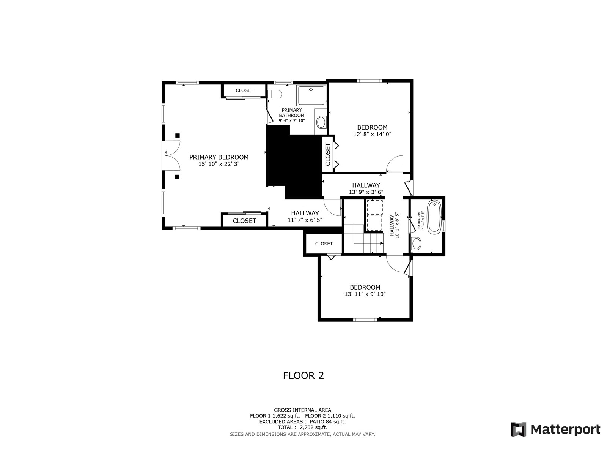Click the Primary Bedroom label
pos(219,157)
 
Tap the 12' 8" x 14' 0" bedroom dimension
pos(372,134)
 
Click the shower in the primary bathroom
pos(311,95)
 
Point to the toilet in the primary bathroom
pos(274,93)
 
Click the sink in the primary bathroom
pos(321,122)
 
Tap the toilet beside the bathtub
pos(416,244)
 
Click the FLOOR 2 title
pos(303,375)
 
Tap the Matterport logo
pos(555,429)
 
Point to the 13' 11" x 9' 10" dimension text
pos(365,294)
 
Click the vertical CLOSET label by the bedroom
pos(328,154)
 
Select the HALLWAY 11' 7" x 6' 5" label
pos(305,216)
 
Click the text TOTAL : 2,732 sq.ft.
pos(302,427)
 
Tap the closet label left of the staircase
pos(324,244)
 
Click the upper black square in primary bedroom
pos(177,135)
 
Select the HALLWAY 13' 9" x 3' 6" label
pos(366,188)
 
